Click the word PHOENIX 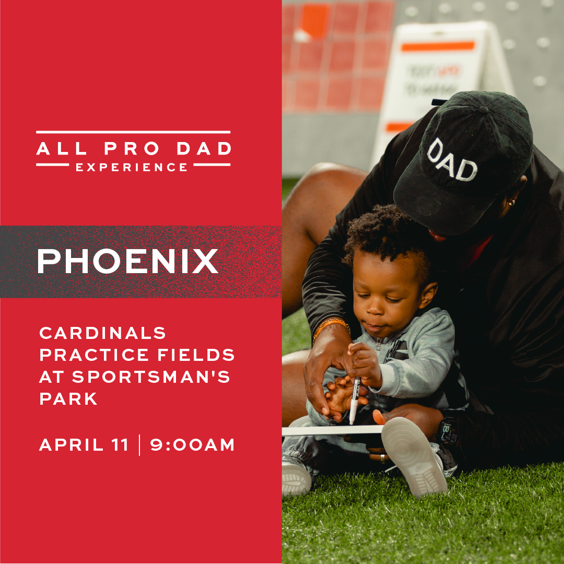coord(127,262)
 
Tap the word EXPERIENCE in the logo coord(132,168)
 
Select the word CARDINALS coord(103,333)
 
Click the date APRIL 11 coord(84,445)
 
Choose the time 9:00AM coord(193,445)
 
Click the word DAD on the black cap coord(452,160)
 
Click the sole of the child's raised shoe coord(414,455)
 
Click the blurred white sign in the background coord(439,78)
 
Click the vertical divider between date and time coord(139,445)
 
